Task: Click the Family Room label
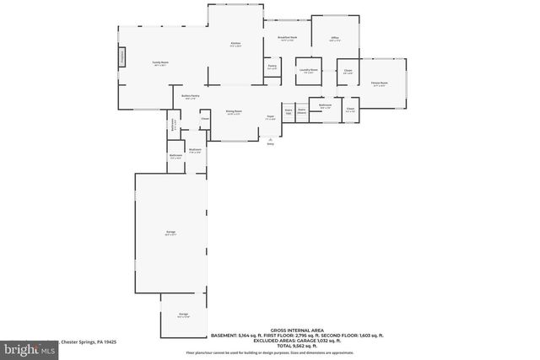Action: tap(159, 62)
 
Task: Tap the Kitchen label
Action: tap(235, 43)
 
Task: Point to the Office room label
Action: tap(335, 38)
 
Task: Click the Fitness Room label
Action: tap(379, 83)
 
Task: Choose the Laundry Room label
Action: tap(308, 70)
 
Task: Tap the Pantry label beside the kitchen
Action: tap(273, 66)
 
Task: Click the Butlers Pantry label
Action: tap(190, 96)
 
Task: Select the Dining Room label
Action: tap(234, 112)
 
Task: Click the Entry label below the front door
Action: tap(271, 144)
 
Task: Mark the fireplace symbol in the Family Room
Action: tap(122, 56)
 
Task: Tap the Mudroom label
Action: tap(195, 151)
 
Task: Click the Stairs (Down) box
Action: tap(289, 111)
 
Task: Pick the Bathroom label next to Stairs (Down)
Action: tap(326, 105)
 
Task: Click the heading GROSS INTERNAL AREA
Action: tap(294, 330)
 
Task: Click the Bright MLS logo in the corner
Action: tap(19, 347)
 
